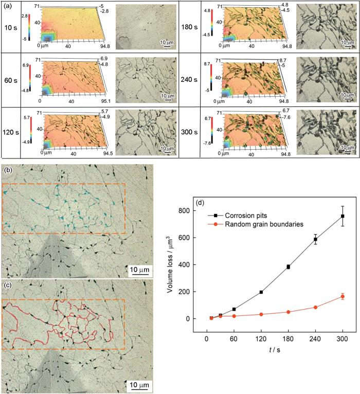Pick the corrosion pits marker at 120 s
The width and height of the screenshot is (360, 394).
pos(261,292)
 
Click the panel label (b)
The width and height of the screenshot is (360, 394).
pos(7,169)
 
